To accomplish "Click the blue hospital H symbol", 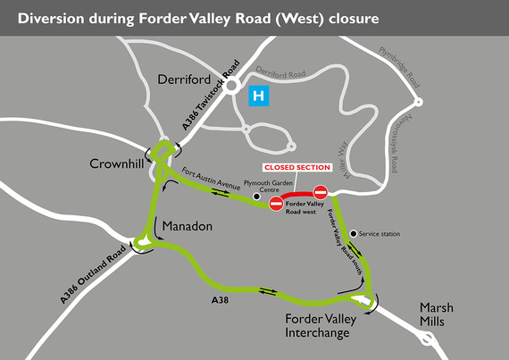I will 259,95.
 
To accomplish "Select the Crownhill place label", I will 118,163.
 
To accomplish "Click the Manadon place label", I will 187,226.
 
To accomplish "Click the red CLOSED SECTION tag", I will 296,167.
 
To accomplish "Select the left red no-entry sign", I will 276,205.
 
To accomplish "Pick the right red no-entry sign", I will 321,192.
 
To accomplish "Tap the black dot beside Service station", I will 354,234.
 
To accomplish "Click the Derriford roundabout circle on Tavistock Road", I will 230,87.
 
